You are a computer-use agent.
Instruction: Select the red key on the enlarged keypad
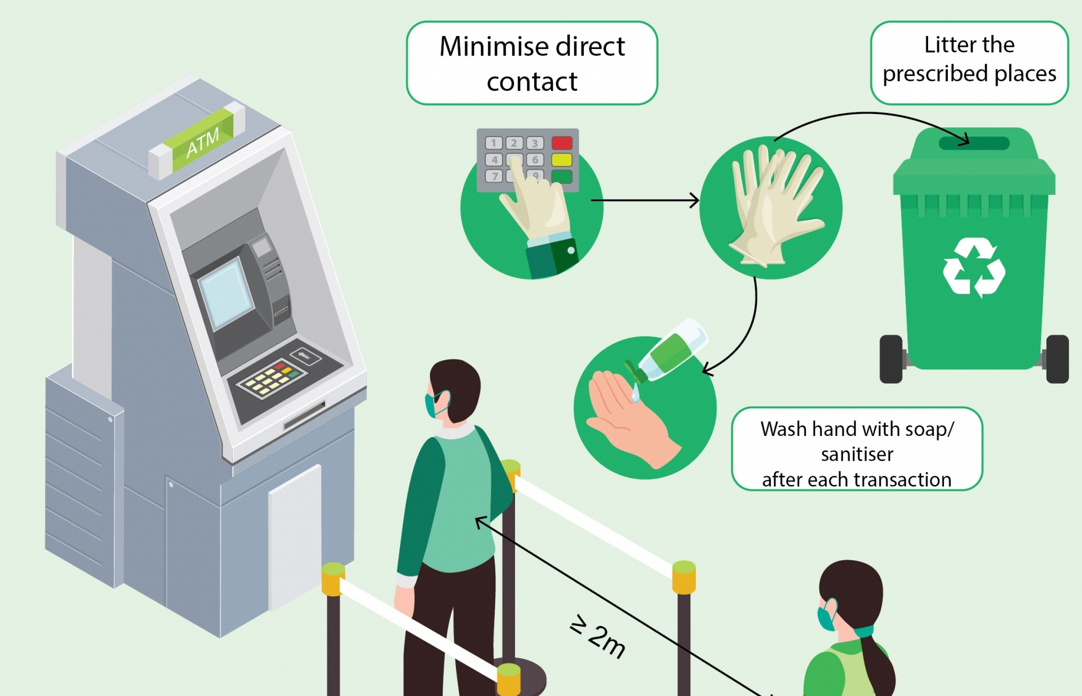pos(562,143)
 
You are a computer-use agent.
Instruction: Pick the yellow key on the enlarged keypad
pos(562,160)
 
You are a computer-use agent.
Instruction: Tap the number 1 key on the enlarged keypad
pos(494,143)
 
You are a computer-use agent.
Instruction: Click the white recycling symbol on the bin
pos(974,267)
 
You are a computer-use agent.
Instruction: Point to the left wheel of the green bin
pos(891,359)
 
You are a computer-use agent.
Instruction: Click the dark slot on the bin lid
pos(974,143)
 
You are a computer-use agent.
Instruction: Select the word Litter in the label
pos(944,45)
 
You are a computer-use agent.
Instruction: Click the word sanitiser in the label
pos(857,454)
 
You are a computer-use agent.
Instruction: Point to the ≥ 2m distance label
pos(598,637)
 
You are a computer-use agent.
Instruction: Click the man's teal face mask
pos(433,404)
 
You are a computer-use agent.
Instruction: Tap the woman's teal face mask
pos(826,618)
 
